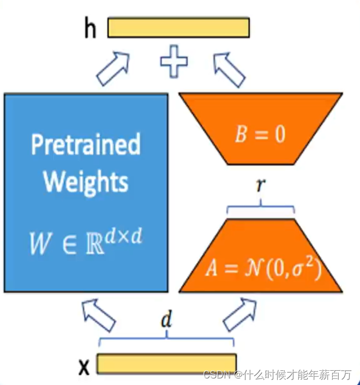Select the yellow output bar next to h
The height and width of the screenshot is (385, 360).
(x=178, y=27)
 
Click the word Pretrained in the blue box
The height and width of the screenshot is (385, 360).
(x=86, y=145)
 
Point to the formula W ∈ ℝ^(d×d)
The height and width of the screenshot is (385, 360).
(x=86, y=242)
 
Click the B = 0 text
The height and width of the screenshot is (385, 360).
(x=260, y=134)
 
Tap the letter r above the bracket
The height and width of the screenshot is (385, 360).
(x=261, y=186)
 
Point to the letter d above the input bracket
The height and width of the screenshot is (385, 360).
(x=166, y=320)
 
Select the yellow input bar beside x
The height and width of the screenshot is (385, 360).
(x=166, y=363)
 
